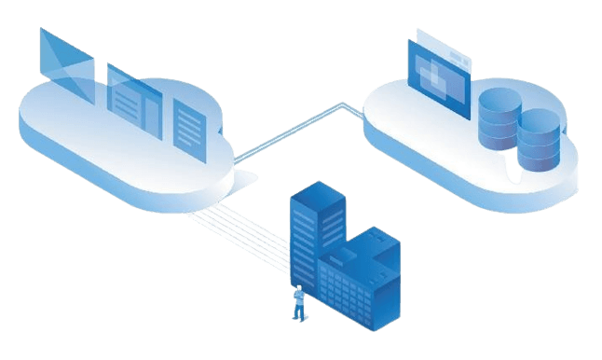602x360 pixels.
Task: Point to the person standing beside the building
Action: pos(298,302)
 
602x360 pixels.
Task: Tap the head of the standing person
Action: pos(298,288)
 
